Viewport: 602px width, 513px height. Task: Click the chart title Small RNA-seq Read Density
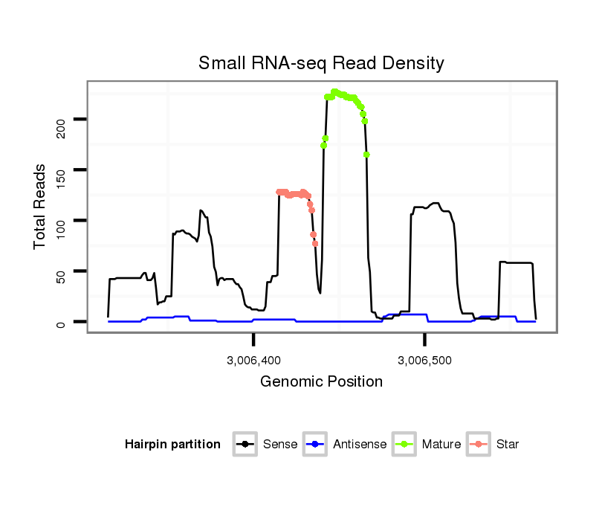[321, 63]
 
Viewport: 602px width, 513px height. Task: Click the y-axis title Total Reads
[41, 207]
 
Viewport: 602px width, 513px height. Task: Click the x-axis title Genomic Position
[321, 382]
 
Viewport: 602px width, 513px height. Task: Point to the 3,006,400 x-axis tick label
[254, 361]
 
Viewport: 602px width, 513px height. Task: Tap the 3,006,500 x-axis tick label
[424, 361]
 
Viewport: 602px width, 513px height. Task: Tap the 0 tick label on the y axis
[61, 322]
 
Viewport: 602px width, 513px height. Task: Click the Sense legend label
[280, 445]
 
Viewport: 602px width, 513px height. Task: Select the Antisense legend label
[360, 445]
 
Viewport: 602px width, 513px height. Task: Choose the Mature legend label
[441, 445]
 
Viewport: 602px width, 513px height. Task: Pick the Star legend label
[508, 445]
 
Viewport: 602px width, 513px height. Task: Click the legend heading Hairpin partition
[172, 445]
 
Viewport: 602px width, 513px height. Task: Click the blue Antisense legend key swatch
[317, 445]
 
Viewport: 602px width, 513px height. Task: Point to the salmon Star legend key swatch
[480, 445]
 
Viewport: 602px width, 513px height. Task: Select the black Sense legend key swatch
[246, 445]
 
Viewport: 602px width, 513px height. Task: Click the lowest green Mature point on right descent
[367, 155]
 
